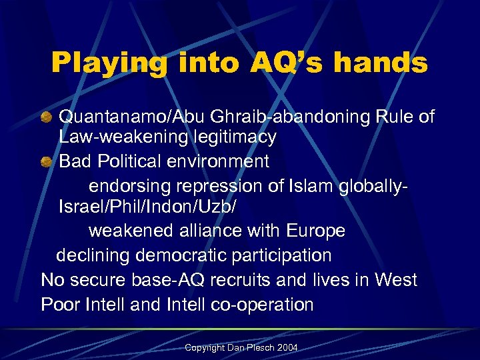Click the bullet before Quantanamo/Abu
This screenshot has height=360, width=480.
coord(46,117)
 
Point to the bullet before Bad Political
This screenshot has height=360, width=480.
coord(46,161)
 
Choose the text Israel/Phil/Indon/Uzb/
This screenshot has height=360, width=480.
coord(147,207)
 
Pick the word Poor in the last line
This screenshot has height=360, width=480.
coord(61,305)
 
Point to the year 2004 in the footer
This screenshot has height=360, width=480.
coord(287,348)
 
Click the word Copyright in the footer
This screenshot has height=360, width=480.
coord(205,348)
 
